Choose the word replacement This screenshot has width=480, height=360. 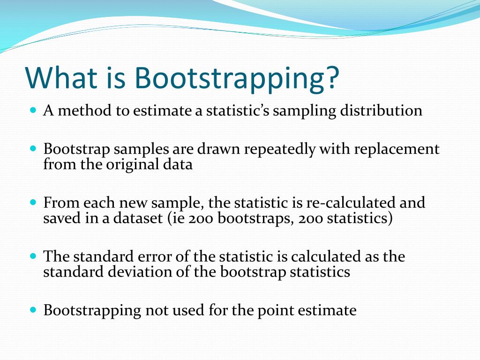397,150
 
